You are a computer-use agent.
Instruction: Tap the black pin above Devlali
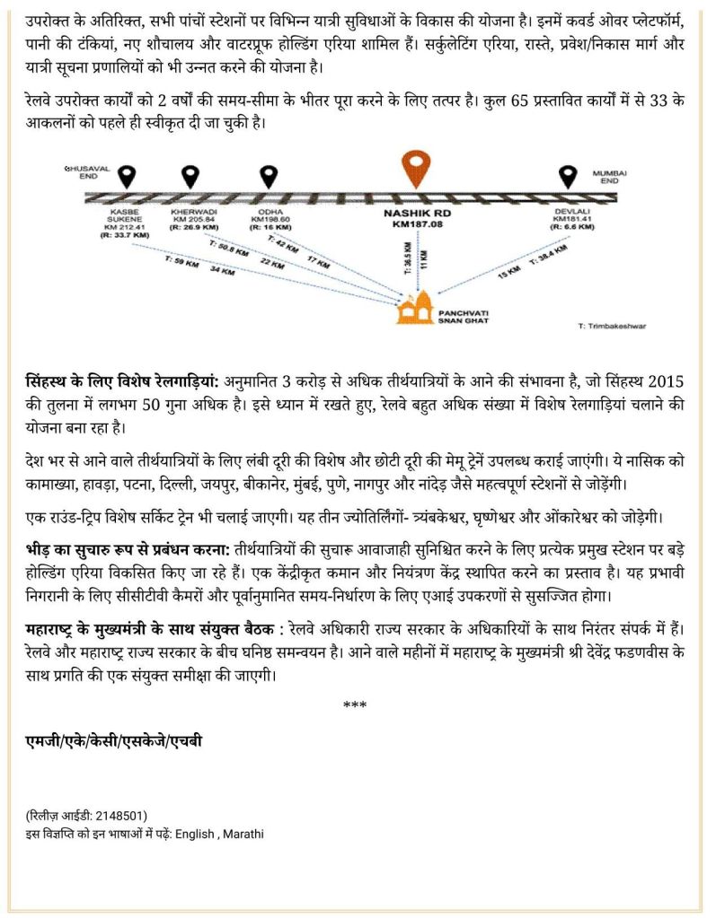click(x=567, y=176)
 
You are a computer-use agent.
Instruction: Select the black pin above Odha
click(x=268, y=176)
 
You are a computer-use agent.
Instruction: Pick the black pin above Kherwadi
click(x=190, y=176)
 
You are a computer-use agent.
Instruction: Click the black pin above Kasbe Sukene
click(x=128, y=176)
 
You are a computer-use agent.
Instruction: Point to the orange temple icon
click(x=415, y=308)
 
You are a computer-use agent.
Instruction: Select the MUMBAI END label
click(x=609, y=176)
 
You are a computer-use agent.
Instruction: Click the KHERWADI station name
click(x=188, y=214)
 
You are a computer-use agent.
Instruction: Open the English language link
click(x=195, y=833)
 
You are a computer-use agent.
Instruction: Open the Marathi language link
click(x=243, y=833)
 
